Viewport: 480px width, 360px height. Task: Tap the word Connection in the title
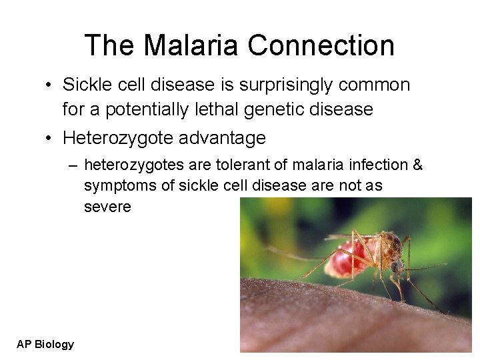click(321, 45)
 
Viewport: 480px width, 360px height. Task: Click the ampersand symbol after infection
click(417, 165)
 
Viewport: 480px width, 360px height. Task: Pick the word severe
click(107, 207)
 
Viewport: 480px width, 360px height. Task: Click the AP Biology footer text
click(45, 344)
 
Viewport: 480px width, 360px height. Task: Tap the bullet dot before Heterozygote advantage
click(49, 139)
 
